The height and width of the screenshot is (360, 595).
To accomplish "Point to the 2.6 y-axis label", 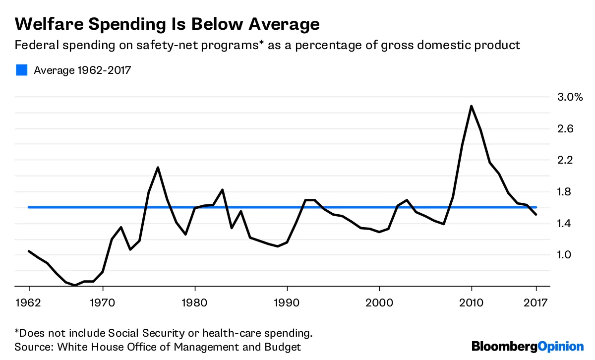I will [563, 128].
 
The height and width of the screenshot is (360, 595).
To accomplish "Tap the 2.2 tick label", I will [563, 160].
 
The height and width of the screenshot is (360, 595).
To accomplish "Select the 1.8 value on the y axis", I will [563, 192].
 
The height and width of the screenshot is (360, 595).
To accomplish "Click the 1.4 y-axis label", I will [563, 224].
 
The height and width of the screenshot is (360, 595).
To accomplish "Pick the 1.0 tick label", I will [563, 255].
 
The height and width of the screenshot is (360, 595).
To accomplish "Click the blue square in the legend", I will [21, 70].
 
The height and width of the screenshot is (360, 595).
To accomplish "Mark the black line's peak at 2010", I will [472, 106].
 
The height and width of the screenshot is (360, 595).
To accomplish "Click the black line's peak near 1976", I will [158, 168].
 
